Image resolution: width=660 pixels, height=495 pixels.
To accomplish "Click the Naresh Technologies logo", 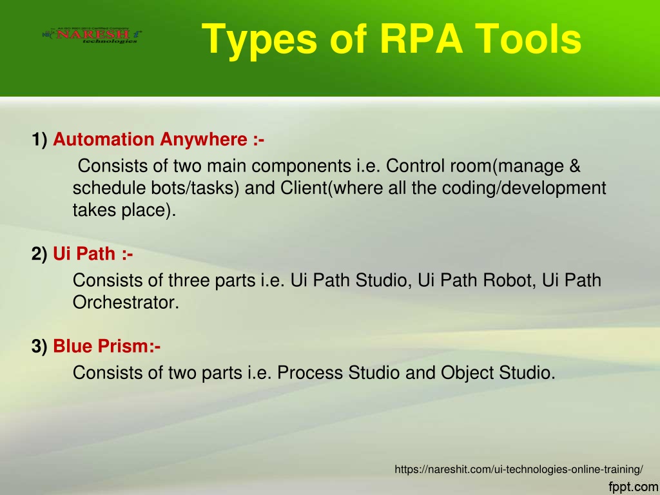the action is [92, 35].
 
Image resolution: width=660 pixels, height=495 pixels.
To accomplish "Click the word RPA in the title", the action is [421, 39].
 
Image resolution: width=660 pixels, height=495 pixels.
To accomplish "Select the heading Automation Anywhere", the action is [150, 139].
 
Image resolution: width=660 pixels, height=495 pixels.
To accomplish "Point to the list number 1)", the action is [39, 140].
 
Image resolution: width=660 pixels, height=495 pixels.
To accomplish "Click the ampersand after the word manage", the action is [574, 166].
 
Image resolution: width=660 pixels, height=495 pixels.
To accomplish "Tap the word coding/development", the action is [523, 188].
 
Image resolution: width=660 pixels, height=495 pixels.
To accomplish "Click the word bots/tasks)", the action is [195, 188].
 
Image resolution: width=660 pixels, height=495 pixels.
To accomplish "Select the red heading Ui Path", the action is [84, 254].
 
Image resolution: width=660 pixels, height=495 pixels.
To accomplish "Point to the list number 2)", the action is [39, 254].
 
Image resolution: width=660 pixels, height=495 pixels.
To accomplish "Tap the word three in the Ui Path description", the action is [189, 280].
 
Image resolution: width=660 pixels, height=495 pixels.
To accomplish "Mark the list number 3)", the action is [39, 346].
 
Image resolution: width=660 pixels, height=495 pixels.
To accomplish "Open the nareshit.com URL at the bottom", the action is [519, 469].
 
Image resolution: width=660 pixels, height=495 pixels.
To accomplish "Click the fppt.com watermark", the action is [634, 487].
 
